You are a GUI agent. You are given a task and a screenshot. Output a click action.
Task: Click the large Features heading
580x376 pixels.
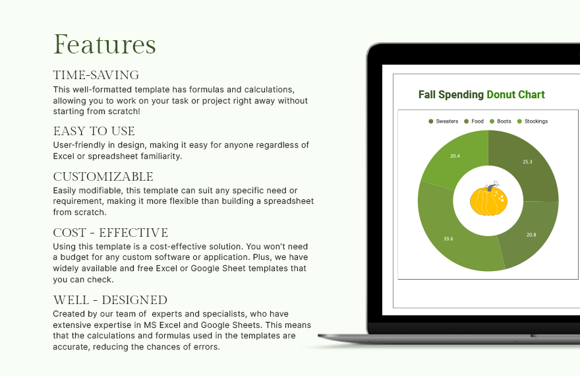104,45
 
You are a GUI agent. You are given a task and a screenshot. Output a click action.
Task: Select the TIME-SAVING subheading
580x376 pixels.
96,75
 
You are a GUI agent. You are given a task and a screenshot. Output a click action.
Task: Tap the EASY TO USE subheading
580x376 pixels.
94,131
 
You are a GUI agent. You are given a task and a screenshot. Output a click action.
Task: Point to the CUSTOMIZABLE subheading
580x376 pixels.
103,177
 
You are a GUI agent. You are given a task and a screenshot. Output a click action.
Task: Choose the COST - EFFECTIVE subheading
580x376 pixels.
110,233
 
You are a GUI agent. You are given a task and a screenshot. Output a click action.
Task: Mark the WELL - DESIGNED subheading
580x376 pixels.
109,300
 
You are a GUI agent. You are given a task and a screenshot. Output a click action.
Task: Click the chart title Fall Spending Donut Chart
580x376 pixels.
481,95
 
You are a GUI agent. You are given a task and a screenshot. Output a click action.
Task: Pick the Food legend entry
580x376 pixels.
474,121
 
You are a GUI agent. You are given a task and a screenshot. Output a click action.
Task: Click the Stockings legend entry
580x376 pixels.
533,121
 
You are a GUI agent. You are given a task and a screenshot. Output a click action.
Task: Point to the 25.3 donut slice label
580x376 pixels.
527,162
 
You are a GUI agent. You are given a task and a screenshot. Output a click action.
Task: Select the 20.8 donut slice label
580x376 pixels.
531,235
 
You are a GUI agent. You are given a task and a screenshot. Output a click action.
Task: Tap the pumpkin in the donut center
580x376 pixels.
488,201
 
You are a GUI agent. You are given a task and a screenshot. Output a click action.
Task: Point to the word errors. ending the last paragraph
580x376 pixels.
204,347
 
